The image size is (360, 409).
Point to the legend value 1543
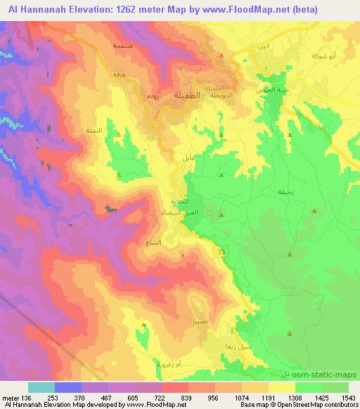348,397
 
